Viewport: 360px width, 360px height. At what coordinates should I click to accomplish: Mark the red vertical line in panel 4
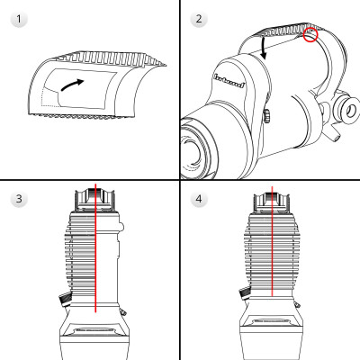pyautogui.click(x=271, y=261)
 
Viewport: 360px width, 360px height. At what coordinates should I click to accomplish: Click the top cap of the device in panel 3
pyautogui.click(x=94, y=199)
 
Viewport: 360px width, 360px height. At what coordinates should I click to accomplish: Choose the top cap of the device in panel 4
pyautogui.click(x=271, y=199)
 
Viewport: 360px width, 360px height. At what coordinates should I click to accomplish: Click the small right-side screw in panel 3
pyautogui.click(x=123, y=310)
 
